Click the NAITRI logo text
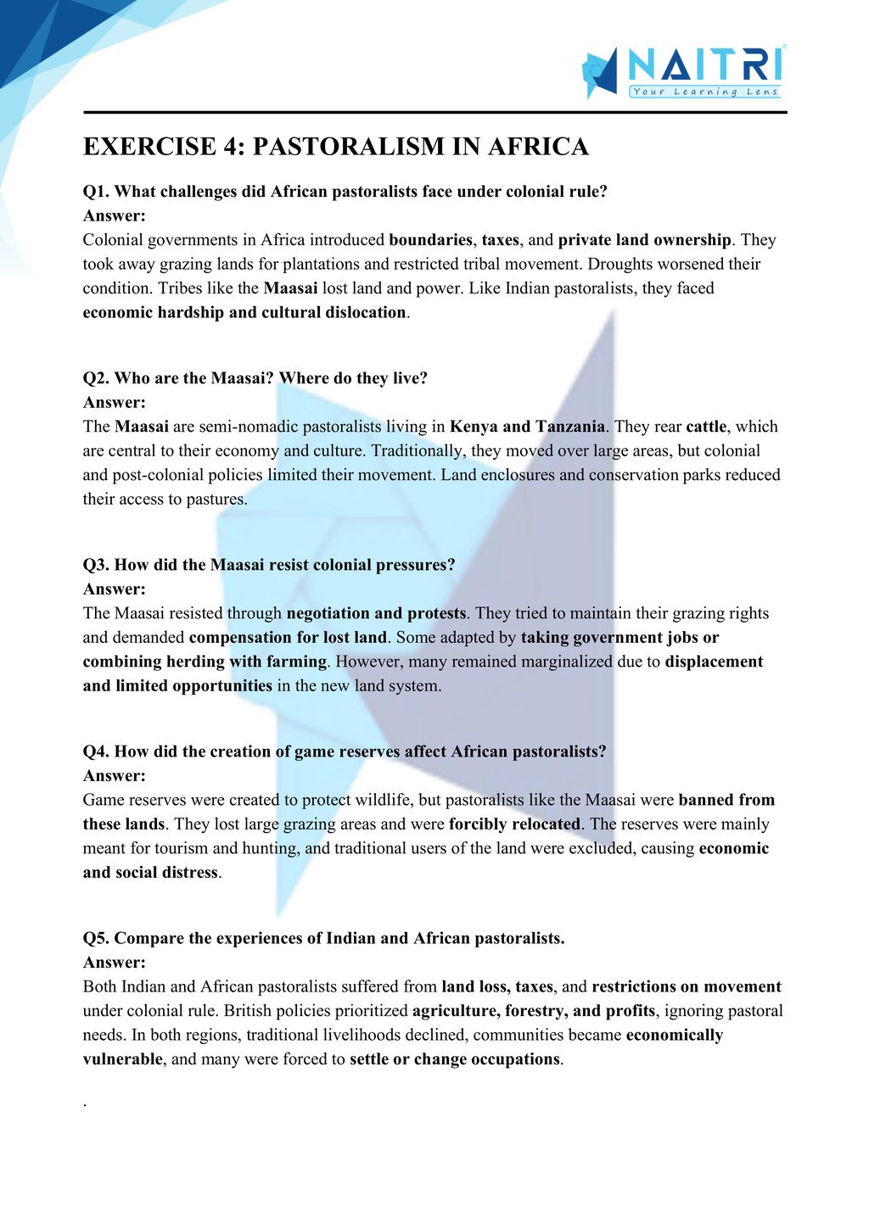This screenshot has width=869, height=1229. point(704,65)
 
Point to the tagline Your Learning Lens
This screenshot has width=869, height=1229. point(704,92)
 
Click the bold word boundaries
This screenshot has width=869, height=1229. point(430,240)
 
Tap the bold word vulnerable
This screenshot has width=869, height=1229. point(121,1059)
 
